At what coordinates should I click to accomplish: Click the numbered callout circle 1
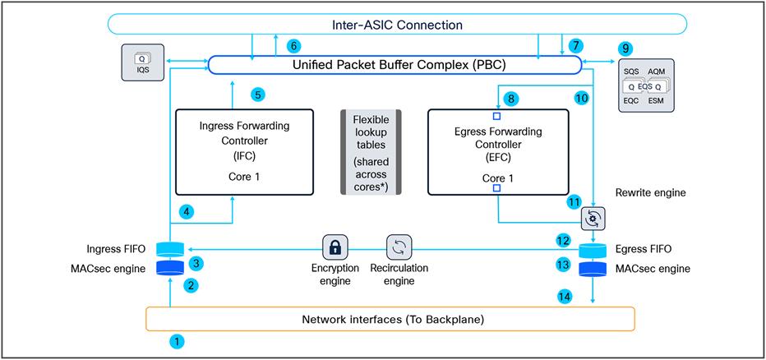click(175, 339)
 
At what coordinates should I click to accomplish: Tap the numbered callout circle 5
click(258, 95)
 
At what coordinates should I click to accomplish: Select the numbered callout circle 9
click(626, 48)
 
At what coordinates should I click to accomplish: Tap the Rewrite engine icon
click(593, 218)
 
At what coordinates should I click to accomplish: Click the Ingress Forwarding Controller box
click(244, 152)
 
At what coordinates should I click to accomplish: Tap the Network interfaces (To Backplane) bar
click(390, 319)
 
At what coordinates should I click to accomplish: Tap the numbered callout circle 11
click(574, 201)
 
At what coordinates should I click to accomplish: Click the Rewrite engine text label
click(651, 193)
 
